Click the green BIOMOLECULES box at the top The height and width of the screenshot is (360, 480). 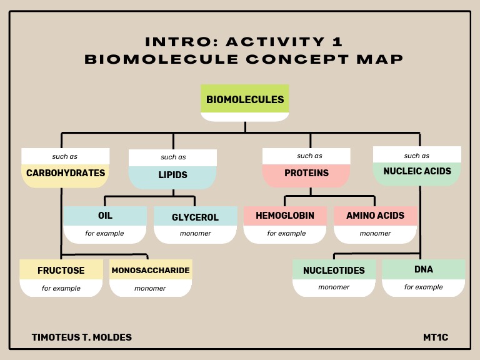click(245, 99)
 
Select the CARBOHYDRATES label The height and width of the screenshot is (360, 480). click(66, 173)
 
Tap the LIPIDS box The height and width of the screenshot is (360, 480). click(172, 174)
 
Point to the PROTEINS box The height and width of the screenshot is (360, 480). click(306, 173)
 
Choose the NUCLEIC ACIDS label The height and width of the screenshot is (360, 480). click(417, 171)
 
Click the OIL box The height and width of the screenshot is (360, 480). click(105, 216)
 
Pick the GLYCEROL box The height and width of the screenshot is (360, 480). click(195, 217)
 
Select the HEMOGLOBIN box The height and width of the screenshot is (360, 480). click(284, 216)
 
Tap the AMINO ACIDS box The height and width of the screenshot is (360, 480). click(375, 216)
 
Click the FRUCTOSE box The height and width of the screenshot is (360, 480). click(61, 271)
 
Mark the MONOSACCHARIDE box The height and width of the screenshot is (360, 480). click(151, 271)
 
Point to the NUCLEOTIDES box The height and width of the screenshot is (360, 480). click(334, 271)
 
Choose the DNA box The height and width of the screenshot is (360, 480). click(423, 269)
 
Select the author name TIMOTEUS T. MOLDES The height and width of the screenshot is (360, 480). click(82, 337)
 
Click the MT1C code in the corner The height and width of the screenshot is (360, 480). click(436, 337)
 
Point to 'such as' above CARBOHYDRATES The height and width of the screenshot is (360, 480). click(65, 156)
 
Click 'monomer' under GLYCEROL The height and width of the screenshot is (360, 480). click(195, 234)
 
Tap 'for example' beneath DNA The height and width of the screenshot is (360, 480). click(423, 287)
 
